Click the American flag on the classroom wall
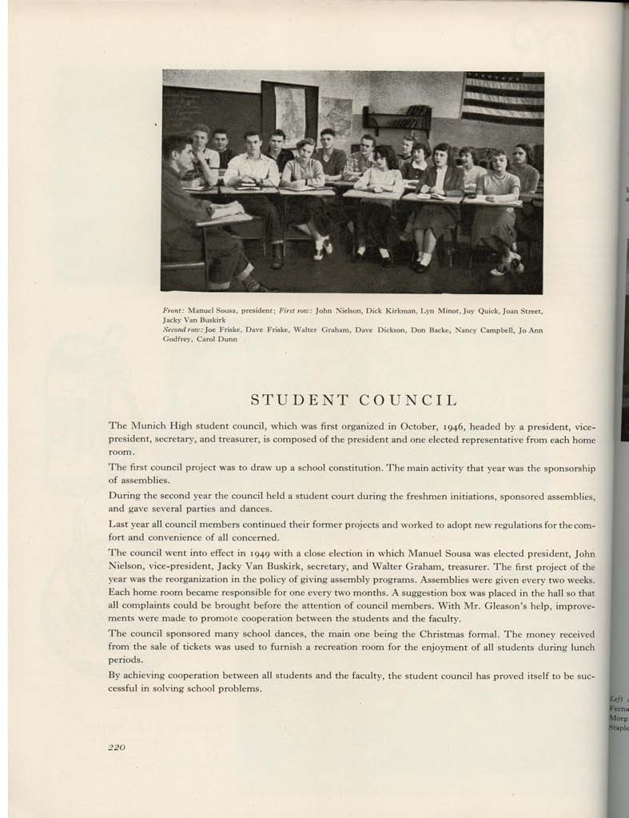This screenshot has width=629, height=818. tap(502, 98)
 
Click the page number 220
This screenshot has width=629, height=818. tap(117, 747)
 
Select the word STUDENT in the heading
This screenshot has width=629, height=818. tap(294, 400)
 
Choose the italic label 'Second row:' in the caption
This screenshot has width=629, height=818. tap(182, 329)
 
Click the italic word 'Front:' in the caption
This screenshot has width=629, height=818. tap(173, 309)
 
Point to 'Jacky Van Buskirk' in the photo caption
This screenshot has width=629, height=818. tap(192, 318)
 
